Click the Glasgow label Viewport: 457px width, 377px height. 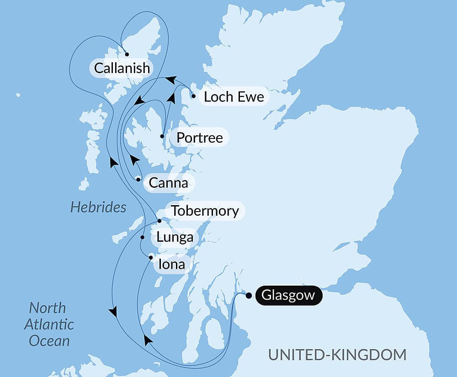[288, 295]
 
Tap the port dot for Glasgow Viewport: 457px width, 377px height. [249, 295]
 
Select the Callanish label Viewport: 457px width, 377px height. [122, 68]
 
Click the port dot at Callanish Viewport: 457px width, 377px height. [127, 54]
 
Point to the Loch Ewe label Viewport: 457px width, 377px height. [234, 97]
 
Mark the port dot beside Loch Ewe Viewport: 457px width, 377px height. [194, 96]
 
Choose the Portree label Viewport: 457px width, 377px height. [200, 138]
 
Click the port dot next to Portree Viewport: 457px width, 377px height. [162, 136]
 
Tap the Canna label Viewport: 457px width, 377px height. [169, 183]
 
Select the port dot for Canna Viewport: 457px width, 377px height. [138, 180]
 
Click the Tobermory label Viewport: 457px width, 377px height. [204, 211]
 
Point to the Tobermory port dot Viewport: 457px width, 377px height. [159, 221]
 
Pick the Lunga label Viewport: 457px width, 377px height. [174, 238]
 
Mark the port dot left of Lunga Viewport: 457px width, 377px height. [143, 238]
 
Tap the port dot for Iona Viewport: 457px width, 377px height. [151, 257]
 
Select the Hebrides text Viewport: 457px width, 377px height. [98, 207]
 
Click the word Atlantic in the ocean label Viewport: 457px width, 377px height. [48, 324]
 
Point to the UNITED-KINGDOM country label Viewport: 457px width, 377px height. [337, 355]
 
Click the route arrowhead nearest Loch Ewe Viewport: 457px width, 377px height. [170, 80]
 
